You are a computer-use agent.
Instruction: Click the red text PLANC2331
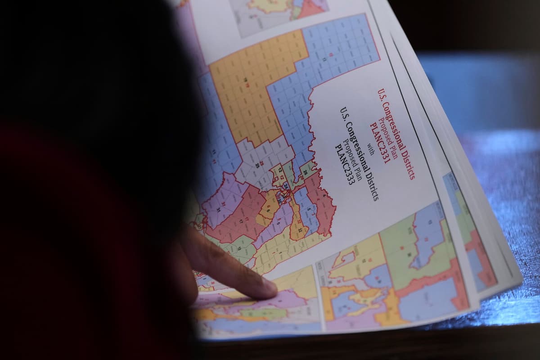coord(379,143)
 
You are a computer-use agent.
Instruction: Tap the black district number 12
coord(279,170)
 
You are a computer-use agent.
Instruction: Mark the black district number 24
coord(286,186)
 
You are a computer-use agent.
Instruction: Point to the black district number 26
coord(305,172)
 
